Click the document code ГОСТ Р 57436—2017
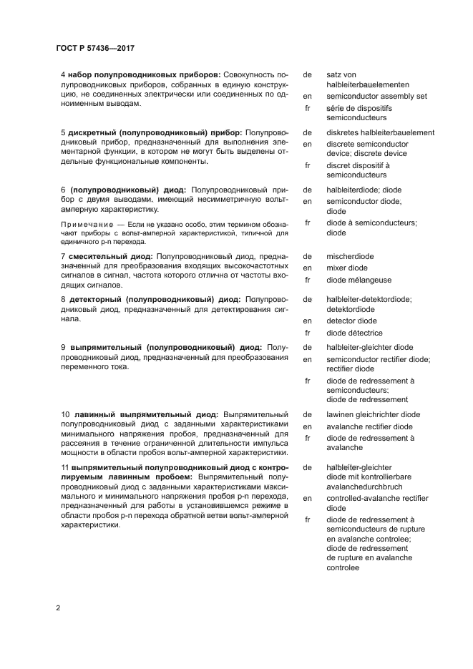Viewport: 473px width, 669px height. coord(94,48)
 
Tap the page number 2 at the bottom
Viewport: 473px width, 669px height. coord(58,608)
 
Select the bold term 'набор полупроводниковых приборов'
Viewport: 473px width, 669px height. coord(144,74)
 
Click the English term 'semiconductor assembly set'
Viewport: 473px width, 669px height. coord(376,95)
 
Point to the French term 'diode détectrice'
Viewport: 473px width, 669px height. coord(354,333)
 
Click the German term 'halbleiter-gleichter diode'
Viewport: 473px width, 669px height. coord(369,348)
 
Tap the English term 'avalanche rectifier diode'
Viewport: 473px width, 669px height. coord(369,426)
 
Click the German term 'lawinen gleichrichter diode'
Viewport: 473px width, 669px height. coord(372,414)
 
